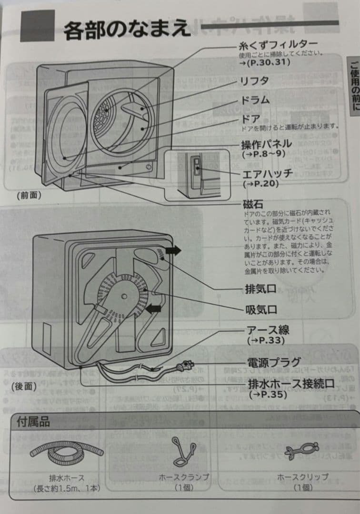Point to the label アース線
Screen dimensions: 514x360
(268, 330)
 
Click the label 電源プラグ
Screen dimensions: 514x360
(274, 362)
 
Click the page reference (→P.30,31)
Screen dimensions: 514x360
(264, 62)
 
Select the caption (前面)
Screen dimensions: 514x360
(28, 195)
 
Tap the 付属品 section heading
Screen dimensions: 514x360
(33, 422)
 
